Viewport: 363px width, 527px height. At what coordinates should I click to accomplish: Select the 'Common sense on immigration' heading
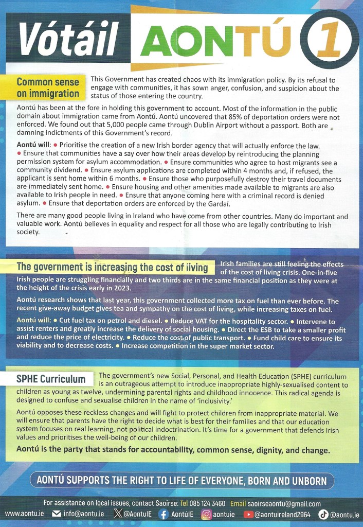[x=48, y=87]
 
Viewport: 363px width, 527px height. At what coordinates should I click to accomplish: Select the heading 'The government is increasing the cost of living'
[x=112, y=267]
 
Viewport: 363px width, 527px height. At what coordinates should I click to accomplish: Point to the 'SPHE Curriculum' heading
[x=50, y=379]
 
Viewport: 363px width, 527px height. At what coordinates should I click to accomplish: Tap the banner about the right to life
[x=181, y=481]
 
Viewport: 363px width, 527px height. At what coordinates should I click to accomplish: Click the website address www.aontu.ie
[x=24, y=514]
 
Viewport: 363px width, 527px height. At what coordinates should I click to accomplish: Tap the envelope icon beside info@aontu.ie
[x=57, y=514]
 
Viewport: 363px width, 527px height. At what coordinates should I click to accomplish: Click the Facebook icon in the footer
[x=163, y=514]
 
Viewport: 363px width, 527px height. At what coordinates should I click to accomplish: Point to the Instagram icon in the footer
[x=206, y=514]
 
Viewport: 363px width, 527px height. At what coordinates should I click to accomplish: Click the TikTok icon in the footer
[x=323, y=514]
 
